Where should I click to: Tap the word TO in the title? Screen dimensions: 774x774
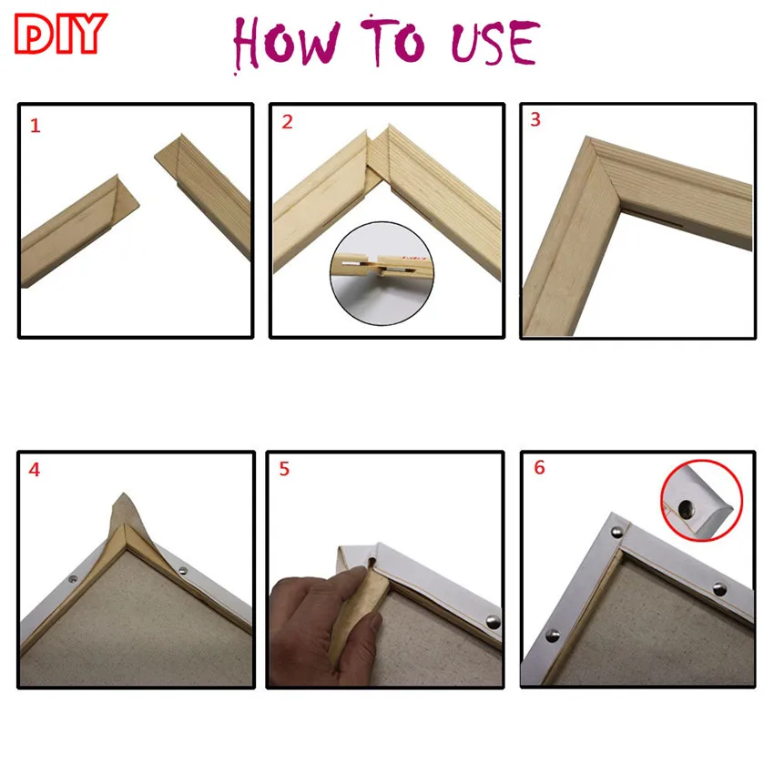coord(392,42)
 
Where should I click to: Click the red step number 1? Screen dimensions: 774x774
coord(36,126)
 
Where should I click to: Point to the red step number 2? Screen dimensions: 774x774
coord(287,122)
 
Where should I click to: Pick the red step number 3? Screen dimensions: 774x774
coord(535,119)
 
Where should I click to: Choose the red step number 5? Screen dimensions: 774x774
coord(284,470)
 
